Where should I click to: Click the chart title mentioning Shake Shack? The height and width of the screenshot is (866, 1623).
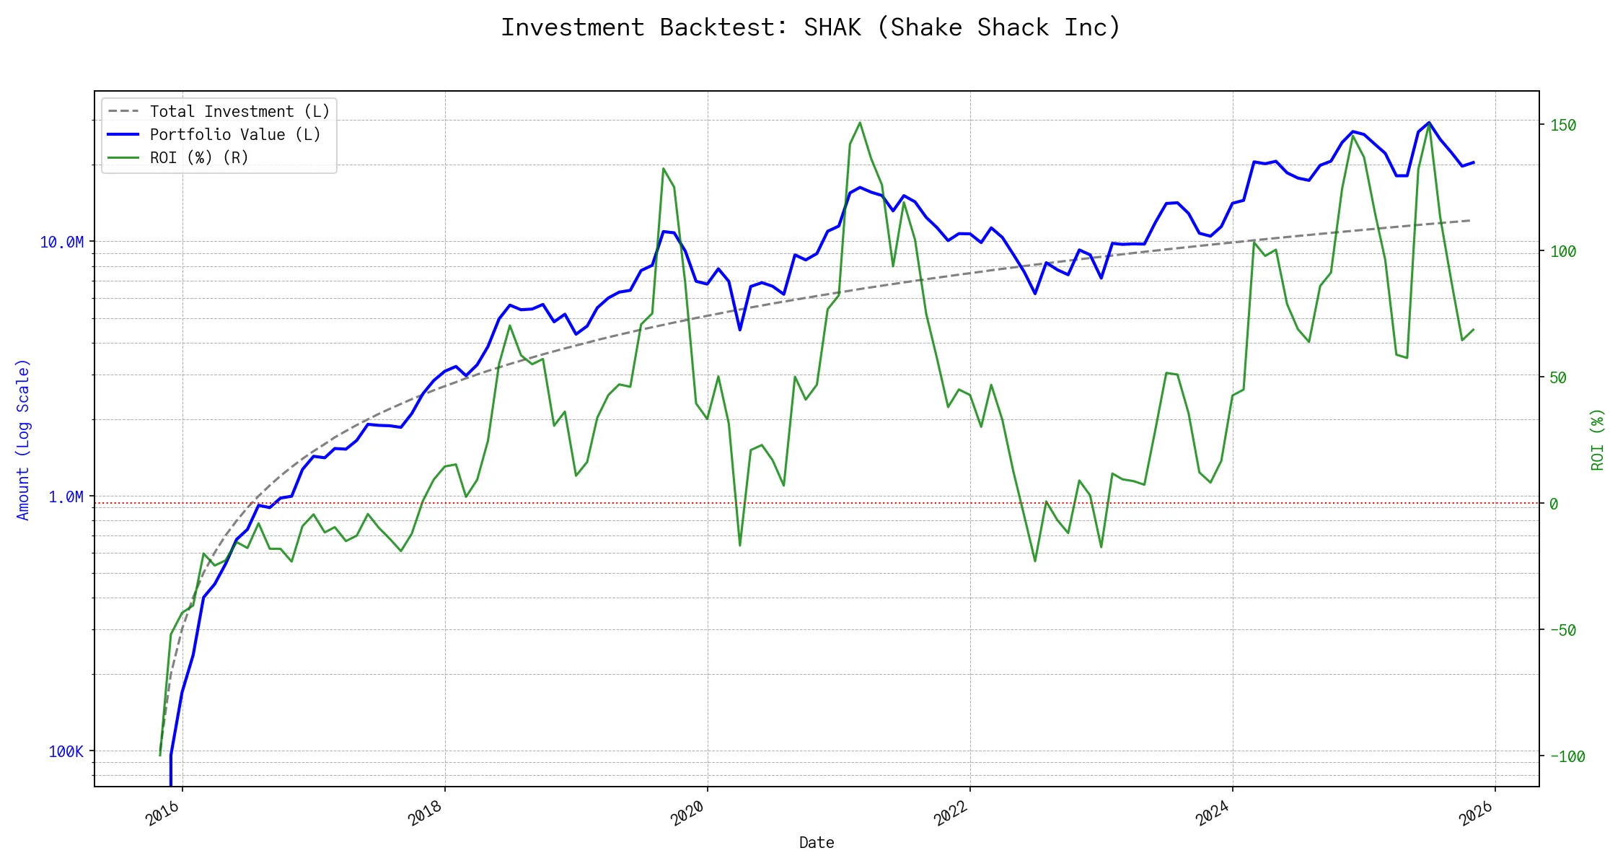(811, 27)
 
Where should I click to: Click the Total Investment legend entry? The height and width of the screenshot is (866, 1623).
(239, 112)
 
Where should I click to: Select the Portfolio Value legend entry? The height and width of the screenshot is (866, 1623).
(235, 135)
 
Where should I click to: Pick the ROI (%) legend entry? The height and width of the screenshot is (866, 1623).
(199, 158)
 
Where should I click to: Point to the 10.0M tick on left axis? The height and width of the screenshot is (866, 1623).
(61, 242)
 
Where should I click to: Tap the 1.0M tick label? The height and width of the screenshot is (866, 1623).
(66, 497)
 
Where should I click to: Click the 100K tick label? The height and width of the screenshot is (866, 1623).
(66, 752)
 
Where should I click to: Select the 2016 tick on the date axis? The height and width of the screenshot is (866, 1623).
(163, 813)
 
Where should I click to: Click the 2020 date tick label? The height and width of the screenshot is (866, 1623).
(688, 813)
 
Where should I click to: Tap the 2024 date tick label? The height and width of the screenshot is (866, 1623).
(1213, 813)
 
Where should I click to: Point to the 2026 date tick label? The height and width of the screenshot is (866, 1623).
(1476, 813)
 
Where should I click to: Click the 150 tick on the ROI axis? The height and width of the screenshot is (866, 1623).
(1563, 126)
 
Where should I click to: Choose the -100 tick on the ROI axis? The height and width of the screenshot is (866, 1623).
(1567, 757)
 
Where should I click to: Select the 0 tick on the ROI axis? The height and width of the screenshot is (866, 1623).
(1554, 504)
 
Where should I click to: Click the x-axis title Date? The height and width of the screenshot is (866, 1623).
(817, 843)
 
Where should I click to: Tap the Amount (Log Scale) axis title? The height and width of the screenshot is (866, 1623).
(23, 439)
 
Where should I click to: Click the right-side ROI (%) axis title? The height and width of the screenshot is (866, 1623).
(1597, 439)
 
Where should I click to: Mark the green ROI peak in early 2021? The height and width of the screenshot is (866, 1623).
(860, 123)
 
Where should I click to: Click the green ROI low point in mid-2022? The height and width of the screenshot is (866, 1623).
(1035, 561)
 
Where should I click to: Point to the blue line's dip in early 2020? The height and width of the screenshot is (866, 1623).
(740, 330)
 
